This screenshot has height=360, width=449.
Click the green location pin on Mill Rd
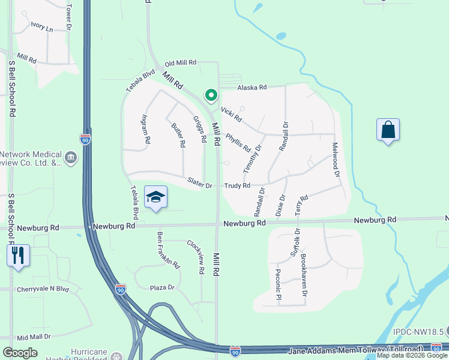click(x=211, y=95)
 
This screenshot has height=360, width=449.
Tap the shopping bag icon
click(x=388, y=130)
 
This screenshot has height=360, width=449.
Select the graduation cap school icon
click(x=155, y=197)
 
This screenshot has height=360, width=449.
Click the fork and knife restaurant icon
click(x=18, y=255)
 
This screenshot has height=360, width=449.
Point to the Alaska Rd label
click(x=252, y=88)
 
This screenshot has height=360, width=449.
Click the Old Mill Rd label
click(x=181, y=62)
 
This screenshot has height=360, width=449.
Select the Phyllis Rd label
click(x=238, y=142)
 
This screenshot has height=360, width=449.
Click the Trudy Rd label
click(x=237, y=186)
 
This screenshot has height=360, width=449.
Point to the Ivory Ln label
click(x=42, y=28)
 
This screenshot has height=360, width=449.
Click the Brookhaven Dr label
click(x=304, y=275)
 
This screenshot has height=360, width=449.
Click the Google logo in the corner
click(x=20, y=352)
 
